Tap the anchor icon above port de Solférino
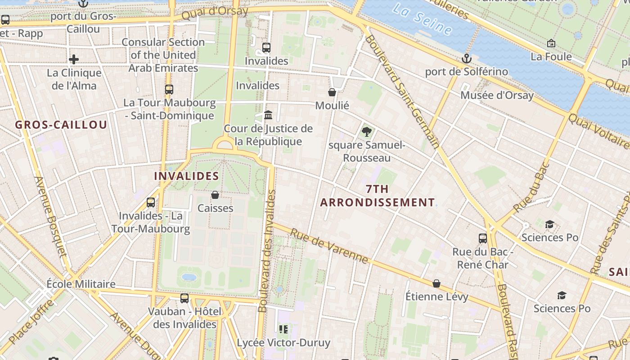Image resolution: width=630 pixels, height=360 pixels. [x=467, y=58]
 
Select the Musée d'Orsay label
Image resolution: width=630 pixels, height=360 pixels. [x=497, y=95]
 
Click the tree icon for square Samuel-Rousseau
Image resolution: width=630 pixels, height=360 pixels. [x=367, y=132]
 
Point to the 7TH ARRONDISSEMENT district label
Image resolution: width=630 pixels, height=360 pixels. [x=377, y=196]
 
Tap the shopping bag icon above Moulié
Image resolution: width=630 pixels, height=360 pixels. [x=332, y=92]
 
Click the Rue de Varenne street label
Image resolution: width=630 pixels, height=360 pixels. [x=329, y=246]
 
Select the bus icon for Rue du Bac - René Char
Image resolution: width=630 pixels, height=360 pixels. [x=483, y=238]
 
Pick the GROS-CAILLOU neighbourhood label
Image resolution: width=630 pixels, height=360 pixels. [x=61, y=125]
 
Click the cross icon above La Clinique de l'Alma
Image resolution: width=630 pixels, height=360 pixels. [x=74, y=59]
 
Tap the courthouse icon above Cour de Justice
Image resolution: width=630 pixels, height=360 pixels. [x=268, y=115]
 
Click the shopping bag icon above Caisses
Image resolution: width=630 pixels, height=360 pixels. [x=215, y=195]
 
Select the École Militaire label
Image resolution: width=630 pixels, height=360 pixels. [x=81, y=284]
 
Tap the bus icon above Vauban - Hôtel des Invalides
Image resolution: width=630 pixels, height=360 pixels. [x=184, y=298]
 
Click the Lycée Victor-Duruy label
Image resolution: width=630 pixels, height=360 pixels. [x=283, y=342]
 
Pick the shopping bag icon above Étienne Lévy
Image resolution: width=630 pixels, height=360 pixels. [x=436, y=283]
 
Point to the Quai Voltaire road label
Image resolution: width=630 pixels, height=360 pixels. [x=598, y=131]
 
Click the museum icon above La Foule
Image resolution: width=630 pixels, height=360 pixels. [x=551, y=44]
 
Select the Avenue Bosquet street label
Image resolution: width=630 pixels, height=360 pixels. [x=50, y=216]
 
